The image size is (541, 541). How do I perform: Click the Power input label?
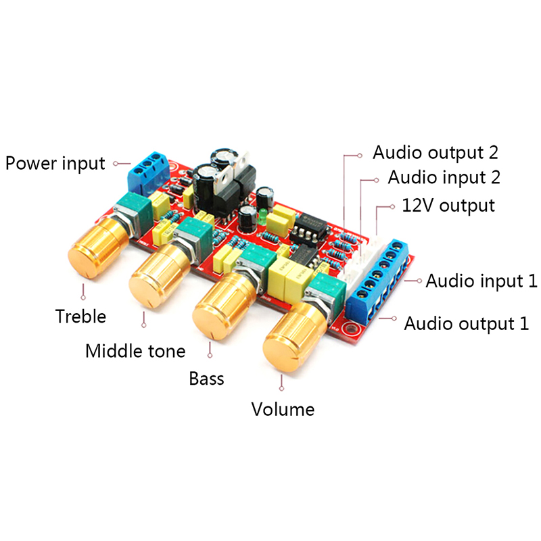coord(55,163)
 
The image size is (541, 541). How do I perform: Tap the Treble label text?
coord(81,316)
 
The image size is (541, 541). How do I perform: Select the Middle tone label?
coord(135,351)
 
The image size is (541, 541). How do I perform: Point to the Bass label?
coord(206,377)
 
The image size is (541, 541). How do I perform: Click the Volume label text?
coord(283,409)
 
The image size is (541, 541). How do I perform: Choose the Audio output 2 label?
coord(436,151)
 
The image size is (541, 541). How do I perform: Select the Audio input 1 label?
coord(481,281)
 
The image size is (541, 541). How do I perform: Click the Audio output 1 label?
coord(466,323)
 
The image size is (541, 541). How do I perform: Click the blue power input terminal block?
coord(147,172)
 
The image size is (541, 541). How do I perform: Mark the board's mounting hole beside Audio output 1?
coord(350,329)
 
